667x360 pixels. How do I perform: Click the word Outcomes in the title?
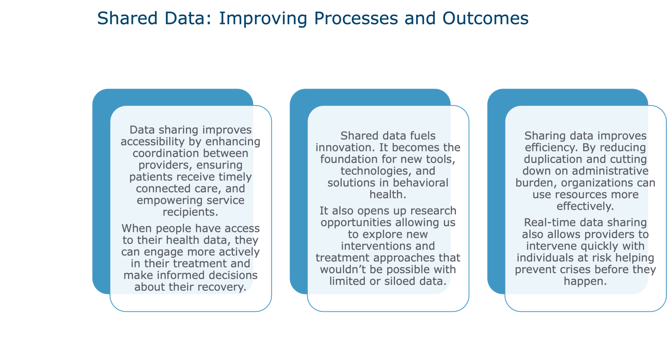pos(485,18)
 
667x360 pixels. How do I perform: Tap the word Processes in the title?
pos(356,18)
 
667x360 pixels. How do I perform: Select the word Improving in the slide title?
pos(263,19)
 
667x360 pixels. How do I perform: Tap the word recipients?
pos(190,212)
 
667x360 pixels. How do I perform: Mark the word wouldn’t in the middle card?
pos(341,270)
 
